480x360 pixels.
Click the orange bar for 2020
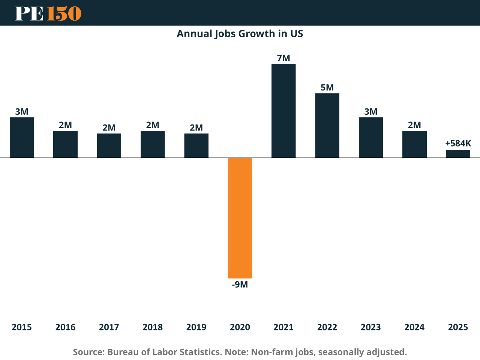click(x=240, y=218)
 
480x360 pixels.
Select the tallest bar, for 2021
click(x=283, y=111)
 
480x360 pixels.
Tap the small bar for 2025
click(x=458, y=154)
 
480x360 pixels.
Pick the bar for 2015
click(x=22, y=137)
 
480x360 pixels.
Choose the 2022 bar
click(x=327, y=125)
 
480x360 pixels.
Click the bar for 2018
click(x=153, y=144)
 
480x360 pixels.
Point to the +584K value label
click(x=458, y=143)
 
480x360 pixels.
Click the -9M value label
click(x=240, y=285)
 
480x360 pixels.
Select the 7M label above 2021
click(x=283, y=58)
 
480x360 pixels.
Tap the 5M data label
click(x=327, y=88)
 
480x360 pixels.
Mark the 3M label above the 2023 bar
click(x=371, y=112)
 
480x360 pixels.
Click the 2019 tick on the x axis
click(x=196, y=327)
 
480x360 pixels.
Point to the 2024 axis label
click(x=414, y=327)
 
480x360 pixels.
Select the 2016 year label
click(x=65, y=327)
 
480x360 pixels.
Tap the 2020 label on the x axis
click(x=240, y=327)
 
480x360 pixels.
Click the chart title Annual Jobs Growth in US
click(x=240, y=34)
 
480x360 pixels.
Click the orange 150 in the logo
click(x=64, y=13)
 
